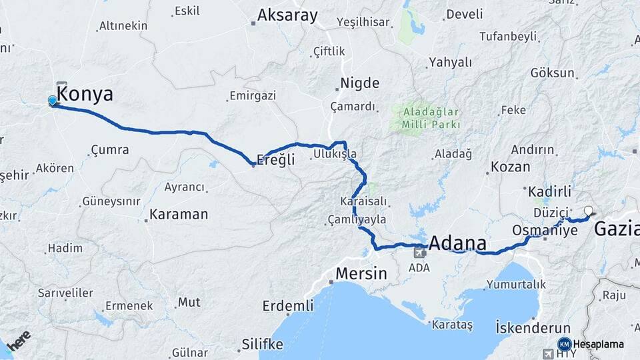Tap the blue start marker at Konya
tap(53, 101)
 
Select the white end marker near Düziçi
tap(588, 211)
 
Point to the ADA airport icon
tap(420, 252)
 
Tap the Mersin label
tap(361, 273)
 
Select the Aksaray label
tap(287, 15)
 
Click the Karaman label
tap(179, 215)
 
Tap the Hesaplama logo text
tap(599, 345)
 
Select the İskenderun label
tap(533, 328)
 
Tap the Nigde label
tap(360, 83)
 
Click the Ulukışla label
tap(335, 154)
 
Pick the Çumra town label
tap(109, 150)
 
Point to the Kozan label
tap(510, 167)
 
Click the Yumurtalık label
tap(517, 284)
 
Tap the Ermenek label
tap(129, 305)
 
